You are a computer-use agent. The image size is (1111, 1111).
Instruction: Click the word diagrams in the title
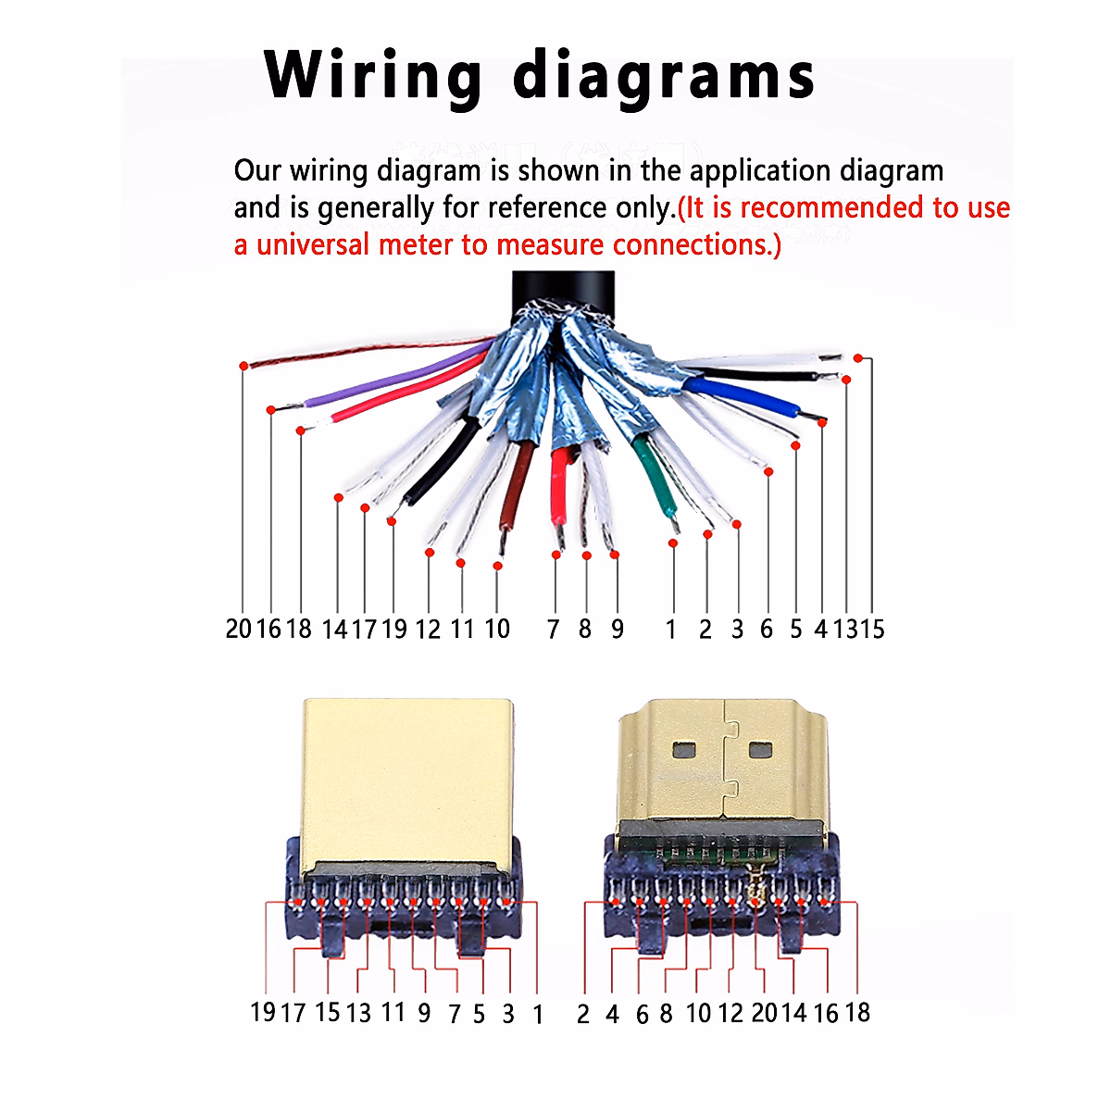click(663, 76)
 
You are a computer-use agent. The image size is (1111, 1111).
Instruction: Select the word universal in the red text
click(306, 244)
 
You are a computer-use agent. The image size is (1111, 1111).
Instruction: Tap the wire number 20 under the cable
click(238, 630)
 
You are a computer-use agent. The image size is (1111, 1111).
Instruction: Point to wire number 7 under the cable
click(554, 630)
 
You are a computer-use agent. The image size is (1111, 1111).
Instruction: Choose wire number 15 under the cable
click(873, 630)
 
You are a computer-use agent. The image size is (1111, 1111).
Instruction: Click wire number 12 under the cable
click(428, 630)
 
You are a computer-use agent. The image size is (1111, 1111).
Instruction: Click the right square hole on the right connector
click(760, 749)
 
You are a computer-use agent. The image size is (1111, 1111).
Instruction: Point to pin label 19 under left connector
click(263, 1012)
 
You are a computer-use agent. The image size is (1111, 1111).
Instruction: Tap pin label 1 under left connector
click(538, 1015)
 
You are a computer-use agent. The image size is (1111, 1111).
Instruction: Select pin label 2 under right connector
click(582, 1015)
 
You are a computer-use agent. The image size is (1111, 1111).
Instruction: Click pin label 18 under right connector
click(857, 1013)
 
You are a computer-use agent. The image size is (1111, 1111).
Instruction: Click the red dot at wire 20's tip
click(243, 366)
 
